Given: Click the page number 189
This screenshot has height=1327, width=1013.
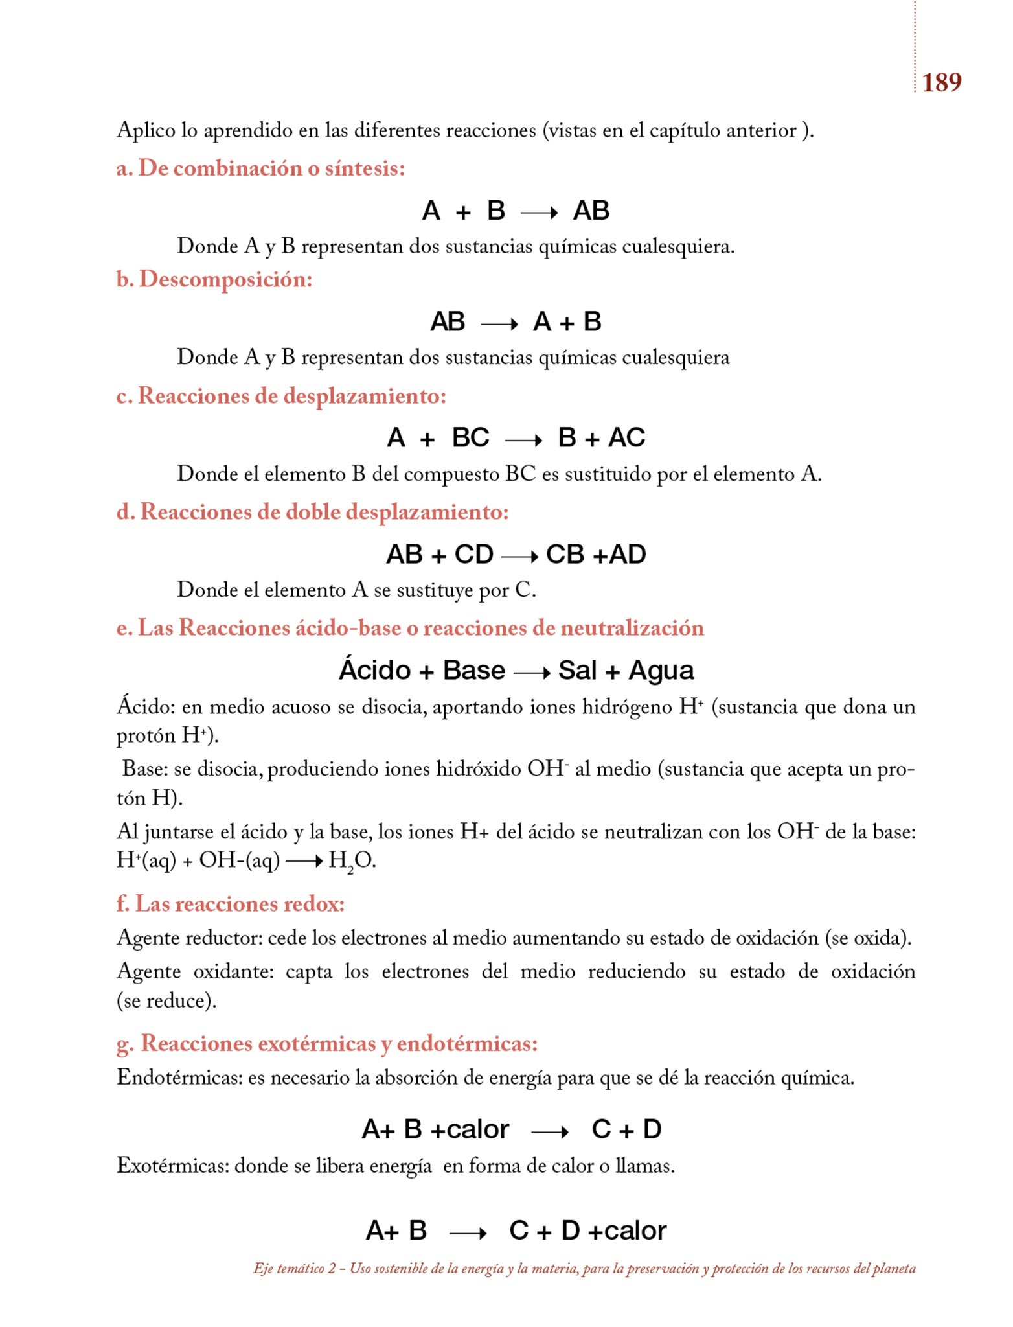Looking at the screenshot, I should (x=941, y=82).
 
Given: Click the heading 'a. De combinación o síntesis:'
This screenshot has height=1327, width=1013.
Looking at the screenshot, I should (x=260, y=168).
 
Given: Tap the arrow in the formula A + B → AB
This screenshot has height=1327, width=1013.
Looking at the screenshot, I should (x=539, y=213).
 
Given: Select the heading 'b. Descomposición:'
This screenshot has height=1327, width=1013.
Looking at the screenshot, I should (x=214, y=279).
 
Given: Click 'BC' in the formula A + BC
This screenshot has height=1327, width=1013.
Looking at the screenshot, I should (x=470, y=438).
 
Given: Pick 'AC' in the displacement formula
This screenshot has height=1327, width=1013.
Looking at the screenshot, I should (x=626, y=438).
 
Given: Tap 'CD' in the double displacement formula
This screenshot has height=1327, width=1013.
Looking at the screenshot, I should (x=473, y=555).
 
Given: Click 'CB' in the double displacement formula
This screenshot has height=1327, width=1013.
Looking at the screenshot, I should (x=565, y=555).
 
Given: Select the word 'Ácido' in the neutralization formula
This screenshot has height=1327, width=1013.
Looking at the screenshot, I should (x=375, y=670).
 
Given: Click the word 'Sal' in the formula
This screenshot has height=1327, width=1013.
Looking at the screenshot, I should (x=577, y=670).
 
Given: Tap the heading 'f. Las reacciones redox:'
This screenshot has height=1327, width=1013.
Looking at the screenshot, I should (x=230, y=904).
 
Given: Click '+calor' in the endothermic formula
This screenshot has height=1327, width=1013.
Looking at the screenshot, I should (x=470, y=1130).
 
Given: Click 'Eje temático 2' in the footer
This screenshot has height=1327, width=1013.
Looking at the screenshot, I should (x=295, y=1269).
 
